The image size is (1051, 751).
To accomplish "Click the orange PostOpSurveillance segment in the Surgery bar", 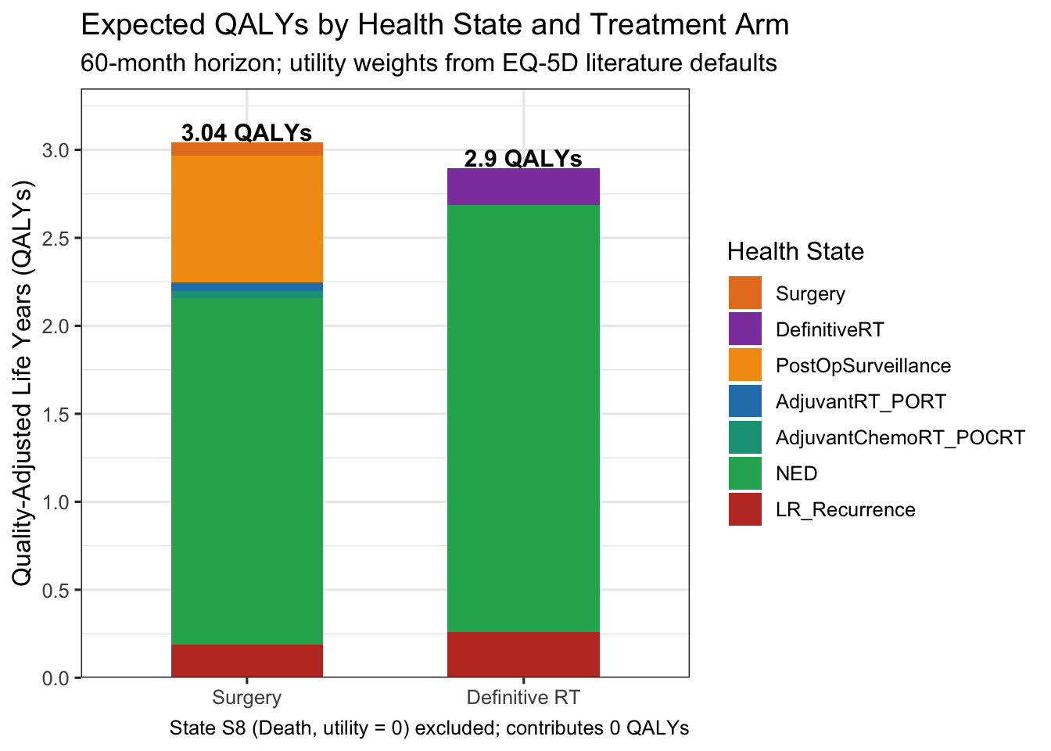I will pos(247,219).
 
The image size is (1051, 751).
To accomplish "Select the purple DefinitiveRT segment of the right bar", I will pos(523,186).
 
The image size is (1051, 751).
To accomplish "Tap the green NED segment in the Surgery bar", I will pos(247,469).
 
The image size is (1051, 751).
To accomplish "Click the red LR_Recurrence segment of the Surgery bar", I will pos(247,660).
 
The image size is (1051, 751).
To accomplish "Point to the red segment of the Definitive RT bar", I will pos(523,654).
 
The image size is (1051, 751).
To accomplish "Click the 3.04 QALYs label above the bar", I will pos(246,132).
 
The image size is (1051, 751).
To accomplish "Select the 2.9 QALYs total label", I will pos(523,158).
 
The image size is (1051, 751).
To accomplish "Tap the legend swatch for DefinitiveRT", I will pos(744,329).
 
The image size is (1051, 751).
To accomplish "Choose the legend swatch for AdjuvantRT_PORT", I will pos(744,401).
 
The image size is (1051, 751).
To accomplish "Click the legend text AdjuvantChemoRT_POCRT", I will pos(899,437).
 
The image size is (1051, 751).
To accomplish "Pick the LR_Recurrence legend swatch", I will pos(744,509).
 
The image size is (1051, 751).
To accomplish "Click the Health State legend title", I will pos(795,251).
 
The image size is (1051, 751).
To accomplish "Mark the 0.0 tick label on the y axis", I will pos(57,677).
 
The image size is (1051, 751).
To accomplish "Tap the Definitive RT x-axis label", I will pos(523,698).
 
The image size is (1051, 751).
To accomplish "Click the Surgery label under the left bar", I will pos(247,698).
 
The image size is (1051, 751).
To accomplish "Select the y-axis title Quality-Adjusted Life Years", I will pos(23,383).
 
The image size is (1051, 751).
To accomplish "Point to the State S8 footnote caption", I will pos(429,728).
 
